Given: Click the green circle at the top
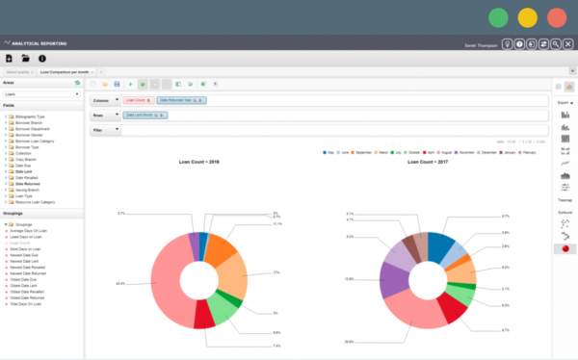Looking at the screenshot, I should pos(498,17).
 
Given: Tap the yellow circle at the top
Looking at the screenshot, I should pos(527,17).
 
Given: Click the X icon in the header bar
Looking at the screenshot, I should pos(567,44).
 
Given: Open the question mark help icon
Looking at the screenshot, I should pos(519,44).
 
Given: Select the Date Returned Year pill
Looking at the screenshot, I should pos(179,99).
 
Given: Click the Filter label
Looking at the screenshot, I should pos(98,129).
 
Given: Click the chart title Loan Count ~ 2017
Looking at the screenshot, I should pos(428,163).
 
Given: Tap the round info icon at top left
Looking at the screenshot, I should pos(41,59).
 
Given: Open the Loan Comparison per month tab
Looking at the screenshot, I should pos(66,72).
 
